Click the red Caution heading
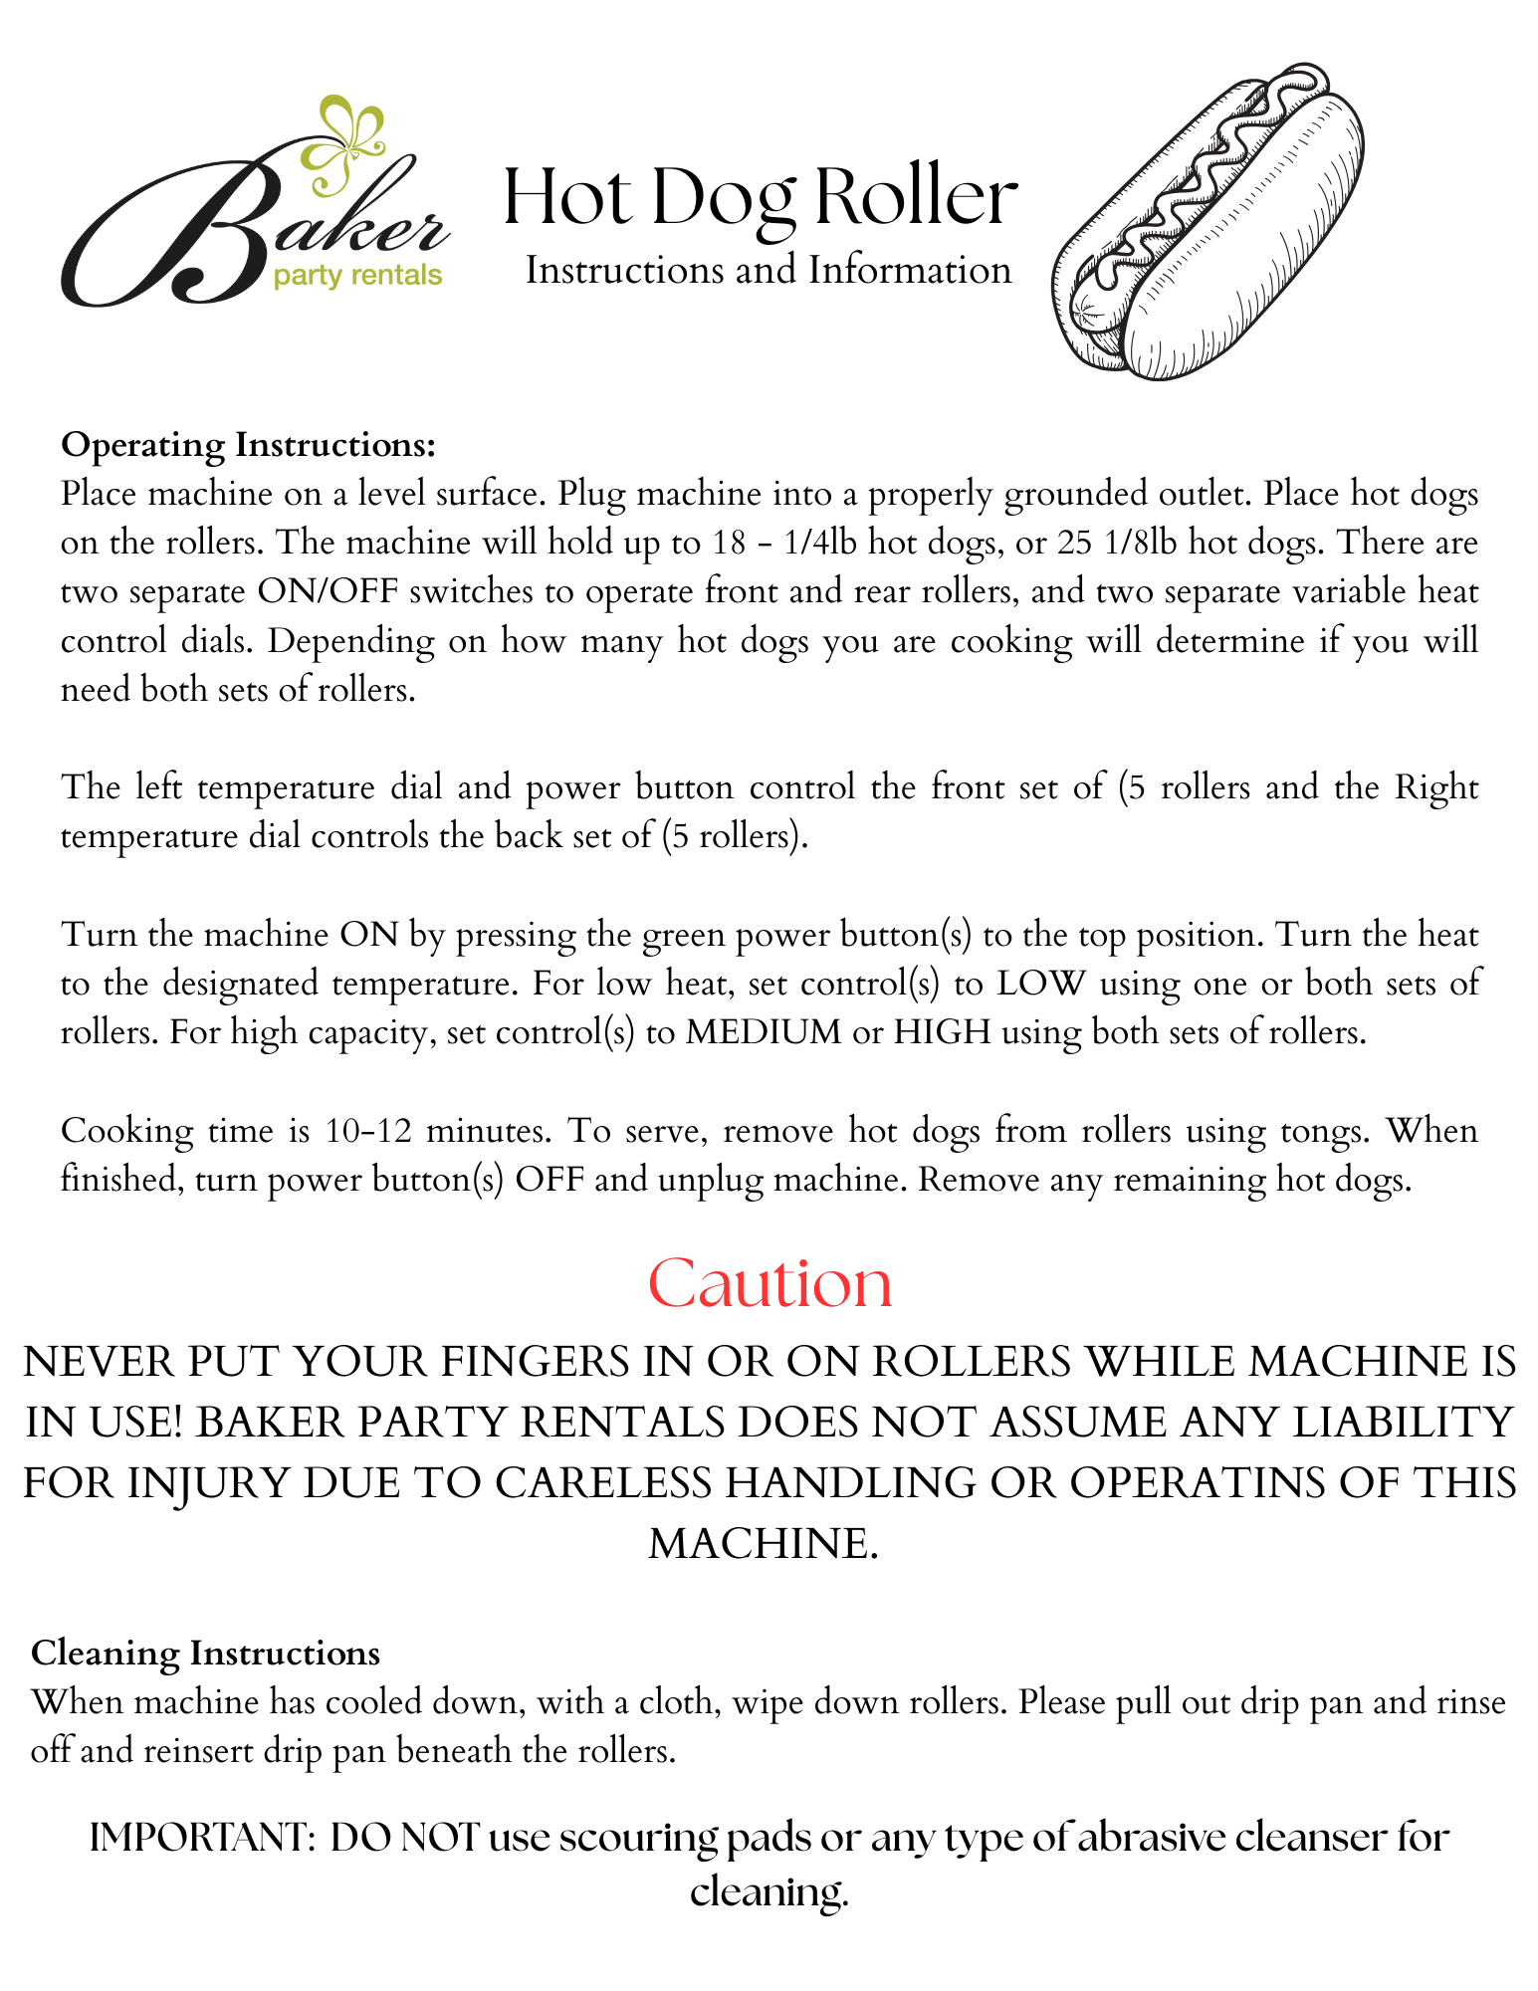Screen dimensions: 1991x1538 click(769, 1283)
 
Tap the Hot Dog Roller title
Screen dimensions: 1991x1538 click(761, 196)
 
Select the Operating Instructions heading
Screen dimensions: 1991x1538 click(249, 444)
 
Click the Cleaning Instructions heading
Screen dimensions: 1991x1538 click(206, 1653)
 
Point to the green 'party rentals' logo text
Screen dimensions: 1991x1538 click(357, 275)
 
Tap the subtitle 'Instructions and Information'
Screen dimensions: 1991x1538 click(768, 270)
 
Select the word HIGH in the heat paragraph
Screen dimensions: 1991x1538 click(942, 1031)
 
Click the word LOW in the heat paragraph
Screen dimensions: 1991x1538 click(1040, 983)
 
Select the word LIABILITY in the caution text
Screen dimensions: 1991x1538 click(1404, 1423)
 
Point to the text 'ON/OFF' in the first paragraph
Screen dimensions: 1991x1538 click(328, 591)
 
